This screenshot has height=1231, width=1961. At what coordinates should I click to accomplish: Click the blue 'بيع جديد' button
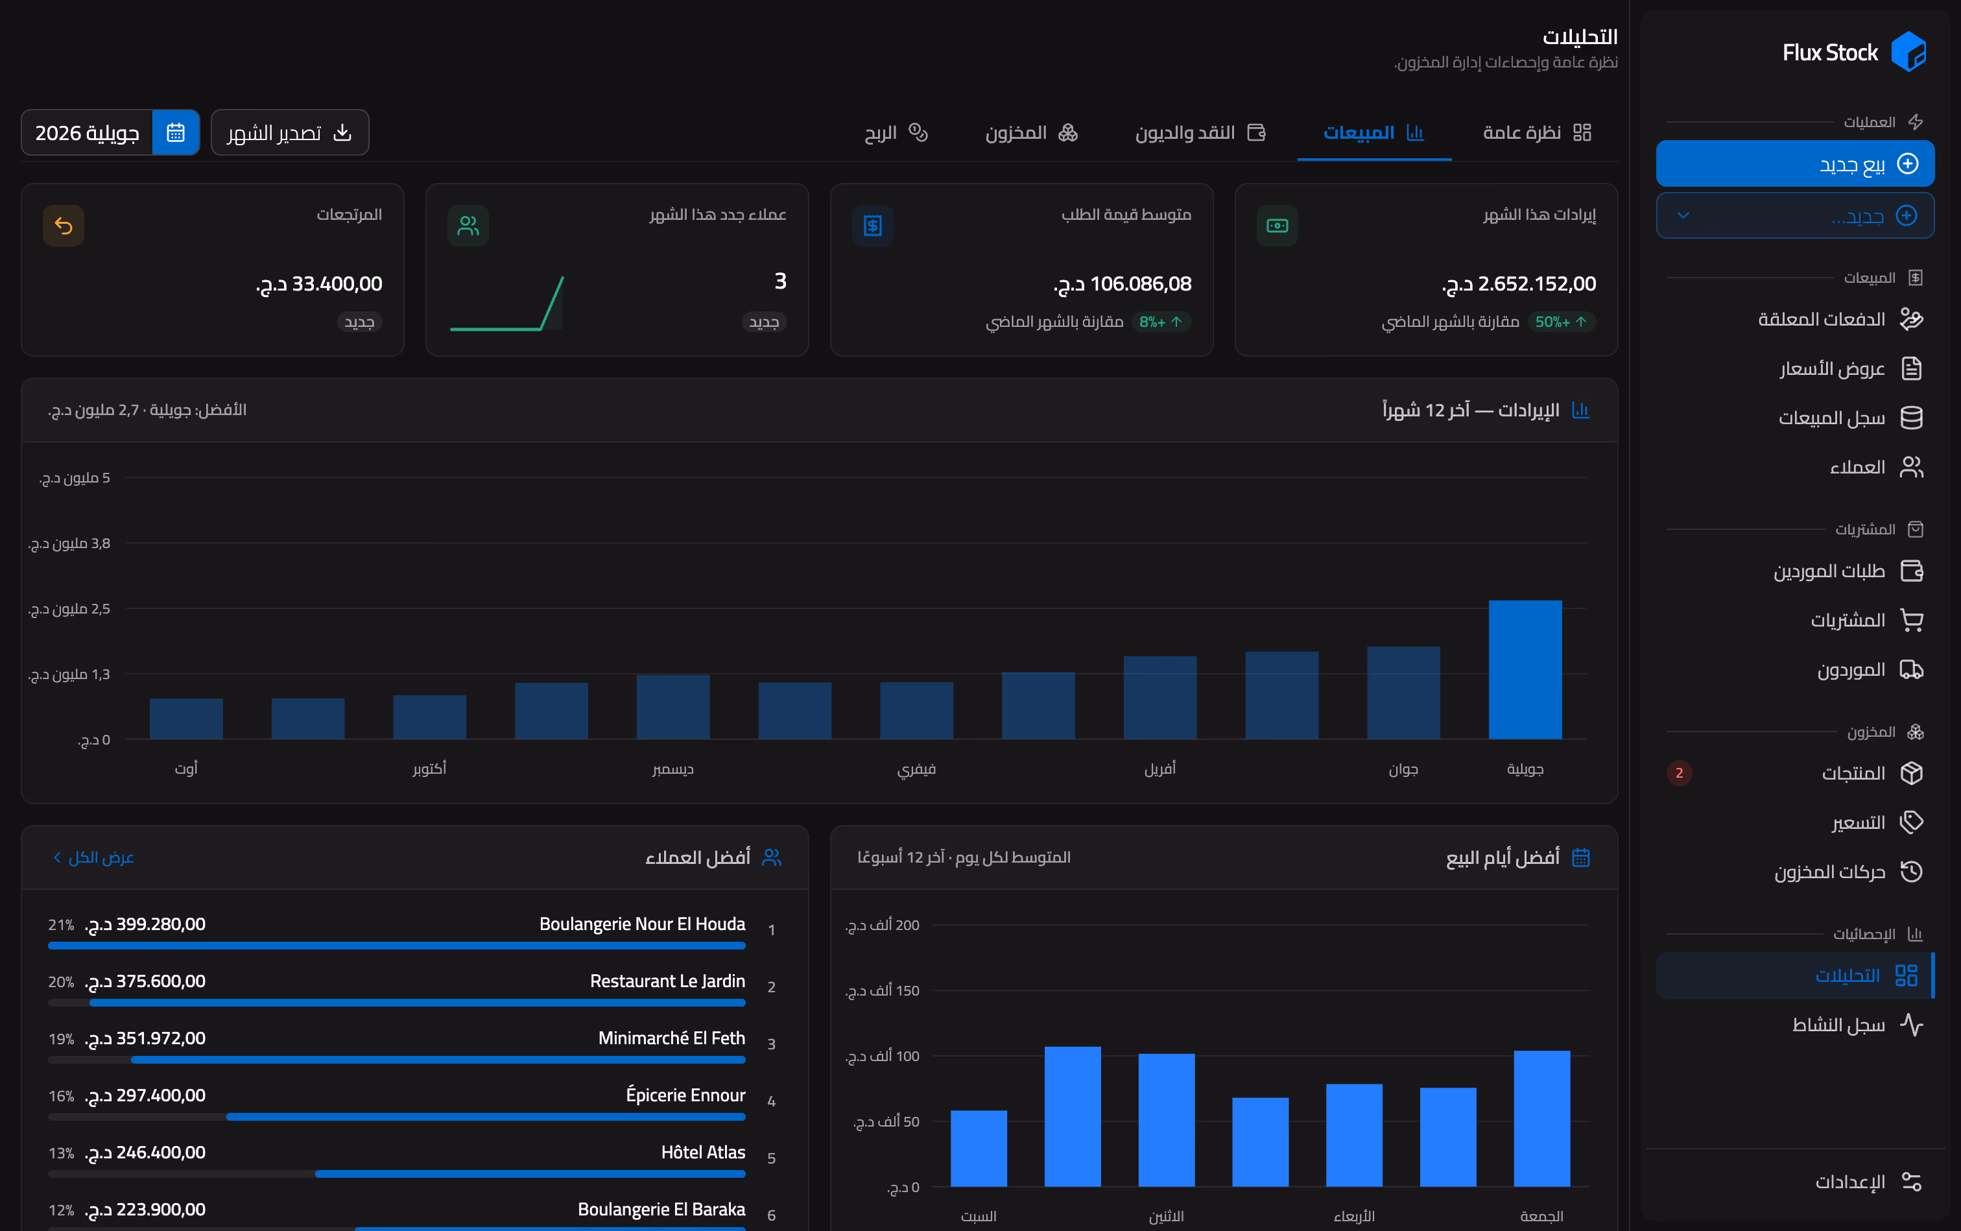[1795, 163]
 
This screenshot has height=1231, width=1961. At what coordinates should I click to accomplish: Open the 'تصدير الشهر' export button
[290, 133]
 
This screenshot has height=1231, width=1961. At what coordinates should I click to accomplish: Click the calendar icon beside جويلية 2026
[176, 133]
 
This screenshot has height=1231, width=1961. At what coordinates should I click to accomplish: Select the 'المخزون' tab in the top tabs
[1031, 133]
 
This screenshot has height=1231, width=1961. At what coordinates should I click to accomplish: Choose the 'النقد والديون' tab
[1200, 133]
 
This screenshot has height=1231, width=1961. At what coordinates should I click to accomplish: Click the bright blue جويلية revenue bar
[1525, 669]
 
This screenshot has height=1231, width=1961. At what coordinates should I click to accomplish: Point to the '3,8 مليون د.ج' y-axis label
[69, 543]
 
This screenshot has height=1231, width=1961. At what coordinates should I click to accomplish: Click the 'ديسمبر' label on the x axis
[672, 769]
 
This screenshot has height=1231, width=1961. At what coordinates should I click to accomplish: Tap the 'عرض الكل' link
[93, 857]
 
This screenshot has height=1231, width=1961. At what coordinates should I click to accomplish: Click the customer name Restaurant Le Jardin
[667, 981]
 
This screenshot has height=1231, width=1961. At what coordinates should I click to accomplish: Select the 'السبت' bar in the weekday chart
[979, 1148]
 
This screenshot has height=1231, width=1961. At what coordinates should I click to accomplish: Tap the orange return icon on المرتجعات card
[64, 226]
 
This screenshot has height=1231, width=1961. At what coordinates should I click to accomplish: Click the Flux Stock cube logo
[1908, 52]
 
